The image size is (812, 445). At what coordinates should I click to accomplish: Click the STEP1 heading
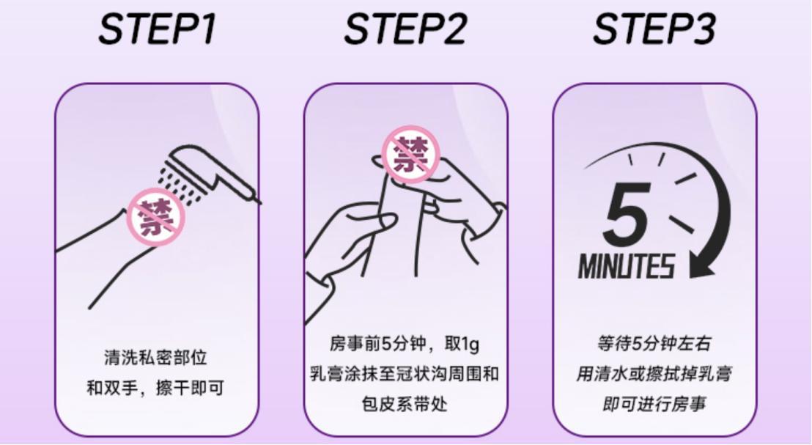[157, 29]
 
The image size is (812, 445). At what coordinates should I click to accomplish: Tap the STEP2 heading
[405, 29]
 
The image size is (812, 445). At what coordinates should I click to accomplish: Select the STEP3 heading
[654, 29]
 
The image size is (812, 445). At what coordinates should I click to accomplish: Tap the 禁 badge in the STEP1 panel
[156, 216]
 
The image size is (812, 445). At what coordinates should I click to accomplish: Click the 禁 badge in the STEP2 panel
[410, 155]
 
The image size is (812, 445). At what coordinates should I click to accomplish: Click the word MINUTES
[627, 266]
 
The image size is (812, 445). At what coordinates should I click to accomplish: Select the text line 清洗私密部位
[156, 358]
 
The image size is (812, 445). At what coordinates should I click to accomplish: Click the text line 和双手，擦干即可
[155, 388]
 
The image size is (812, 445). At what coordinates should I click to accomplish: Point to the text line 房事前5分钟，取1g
[405, 343]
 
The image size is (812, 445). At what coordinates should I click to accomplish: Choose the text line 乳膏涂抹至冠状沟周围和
[405, 373]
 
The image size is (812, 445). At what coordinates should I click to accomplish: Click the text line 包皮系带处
[405, 403]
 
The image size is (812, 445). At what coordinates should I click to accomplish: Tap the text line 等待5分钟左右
[654, 343]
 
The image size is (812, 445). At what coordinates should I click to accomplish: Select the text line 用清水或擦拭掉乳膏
[654, 373]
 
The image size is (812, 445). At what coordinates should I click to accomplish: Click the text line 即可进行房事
[654, 403]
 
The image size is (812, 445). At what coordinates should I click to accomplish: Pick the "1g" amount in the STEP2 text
[470, 344]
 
